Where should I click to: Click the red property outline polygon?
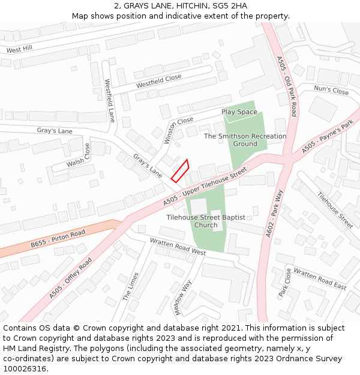tap(180, 170)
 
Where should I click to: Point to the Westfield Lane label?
tap(110, 101)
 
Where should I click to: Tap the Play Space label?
tap(239, 112)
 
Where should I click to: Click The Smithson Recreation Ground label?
tap(245, 140)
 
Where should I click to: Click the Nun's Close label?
tap(331, 91)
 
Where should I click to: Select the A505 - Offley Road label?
tap(71, 278)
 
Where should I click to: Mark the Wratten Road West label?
tap(178, 248)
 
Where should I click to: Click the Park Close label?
tap(284, 283)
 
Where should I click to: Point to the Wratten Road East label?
tap(320, 279)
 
